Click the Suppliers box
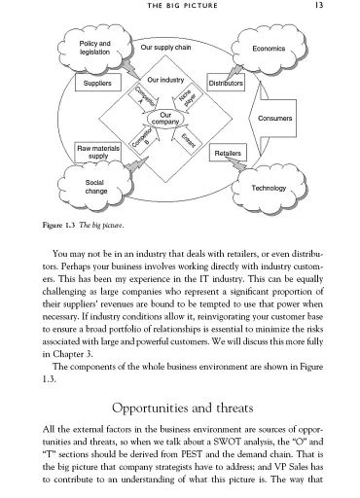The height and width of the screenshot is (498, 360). (x=97, y=85)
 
